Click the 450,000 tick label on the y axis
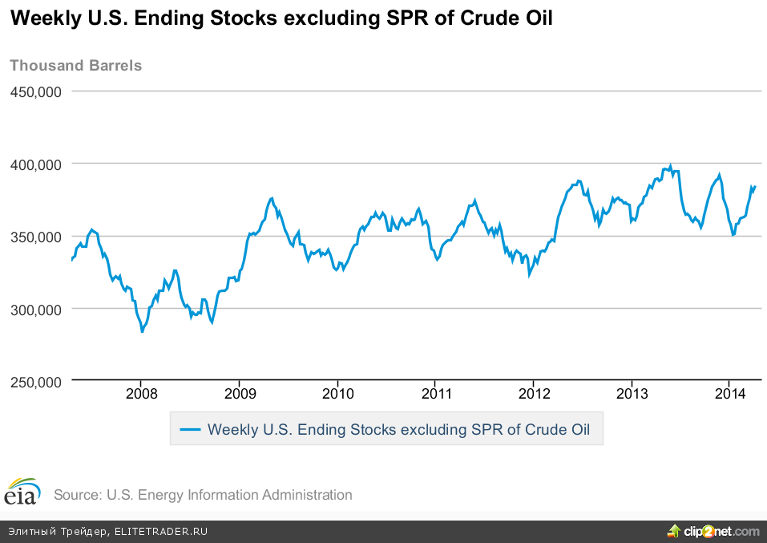(x=36, y=91)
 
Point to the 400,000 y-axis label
(x=36, y=164)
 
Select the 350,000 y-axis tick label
(x=36, y=237)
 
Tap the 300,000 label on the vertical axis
(x=36, y=309)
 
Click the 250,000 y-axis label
(x=36, y=383)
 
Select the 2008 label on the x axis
(x=140, y=394)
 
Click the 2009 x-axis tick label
(x=239, y=394)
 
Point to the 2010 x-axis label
(x=337, y=394)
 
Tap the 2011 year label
(x=434, y=394)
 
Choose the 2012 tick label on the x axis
(x=534, y=394)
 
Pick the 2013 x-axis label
(x=632, y=394)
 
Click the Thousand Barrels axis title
(x=75, y=66)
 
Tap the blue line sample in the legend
(x=190, y=429)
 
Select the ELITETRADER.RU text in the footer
(x=161, y=532)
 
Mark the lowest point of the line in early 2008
(x=142, y=330)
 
